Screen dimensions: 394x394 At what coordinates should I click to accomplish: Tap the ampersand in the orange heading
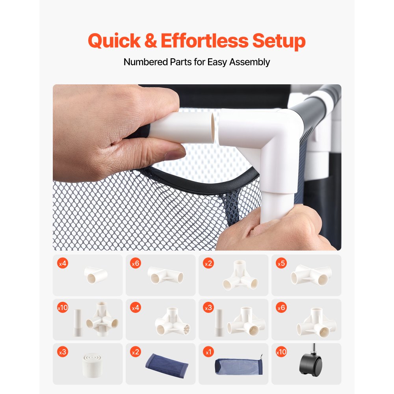pyautogui.click(x=151, y=41)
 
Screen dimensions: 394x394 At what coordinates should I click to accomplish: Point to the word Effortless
pyautogui.click(x=204, y=41)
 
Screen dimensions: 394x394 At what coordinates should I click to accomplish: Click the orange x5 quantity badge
pyautogui.click(x=281, y=263)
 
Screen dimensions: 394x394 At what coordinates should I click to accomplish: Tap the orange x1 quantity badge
pyautogui.click(x=208, y=352)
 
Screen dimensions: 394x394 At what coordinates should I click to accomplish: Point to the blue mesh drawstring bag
pyautogui.click(x=239, y=366)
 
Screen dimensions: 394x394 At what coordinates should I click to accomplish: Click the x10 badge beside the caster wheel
pyautogui.click(x=281, y=352)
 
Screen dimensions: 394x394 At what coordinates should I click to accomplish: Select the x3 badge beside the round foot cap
pyautogui.click(x=63, y=352)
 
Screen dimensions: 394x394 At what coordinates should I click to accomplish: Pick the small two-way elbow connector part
pyautogui.click(x=96, y=275)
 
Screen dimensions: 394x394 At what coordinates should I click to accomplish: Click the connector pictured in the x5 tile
pyautogui.click(x=311, y=275)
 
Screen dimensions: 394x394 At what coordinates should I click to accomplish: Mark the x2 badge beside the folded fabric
pyautogui.click(x=136, y=352)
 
